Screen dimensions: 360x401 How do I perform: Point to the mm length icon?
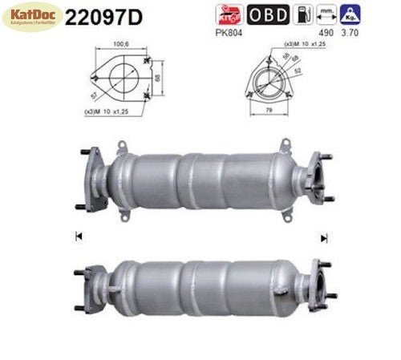point(325,14)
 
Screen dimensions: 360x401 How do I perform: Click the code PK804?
point(229,32)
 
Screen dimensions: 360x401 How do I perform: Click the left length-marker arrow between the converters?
point(78,236)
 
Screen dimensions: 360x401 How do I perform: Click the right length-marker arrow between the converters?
point(324,237)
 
